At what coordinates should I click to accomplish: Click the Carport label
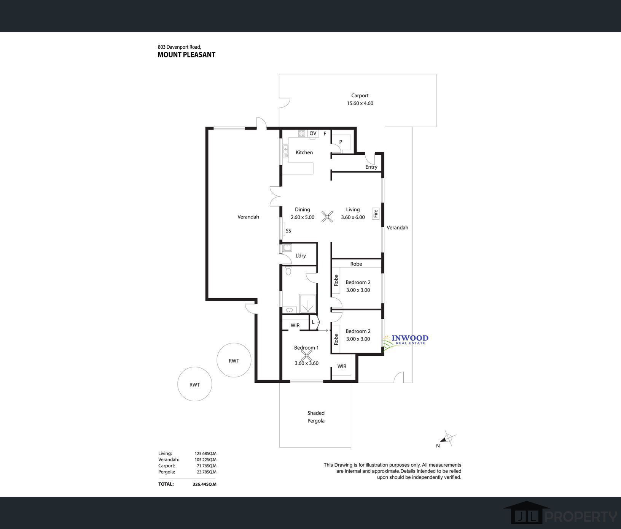click(360, 96)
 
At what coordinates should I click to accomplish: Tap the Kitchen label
click(304, 152)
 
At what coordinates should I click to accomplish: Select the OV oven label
click(313, 133)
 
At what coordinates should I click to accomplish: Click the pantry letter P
click(341, 142)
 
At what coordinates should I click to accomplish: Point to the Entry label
click(371, 167)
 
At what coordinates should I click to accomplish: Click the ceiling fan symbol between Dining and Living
click(327, 217)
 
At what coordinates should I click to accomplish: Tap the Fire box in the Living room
click(376, 214)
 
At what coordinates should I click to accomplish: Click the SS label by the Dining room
click(288, 231)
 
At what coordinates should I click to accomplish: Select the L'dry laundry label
click(300, 256)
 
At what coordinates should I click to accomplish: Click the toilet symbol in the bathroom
click(288, 271)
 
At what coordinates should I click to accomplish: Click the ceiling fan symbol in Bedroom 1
click(306, 356)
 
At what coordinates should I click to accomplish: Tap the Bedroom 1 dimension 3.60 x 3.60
click(306, 363)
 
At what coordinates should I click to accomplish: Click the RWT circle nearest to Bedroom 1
click(234, 360)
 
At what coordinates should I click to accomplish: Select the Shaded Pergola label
click(316, 417)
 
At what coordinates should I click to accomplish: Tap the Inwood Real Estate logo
click(406, 340)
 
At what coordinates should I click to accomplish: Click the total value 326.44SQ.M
click(204, 484)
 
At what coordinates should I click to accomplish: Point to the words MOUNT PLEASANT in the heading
click(186, 55)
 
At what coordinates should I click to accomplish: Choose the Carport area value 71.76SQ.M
click(205, 466)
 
